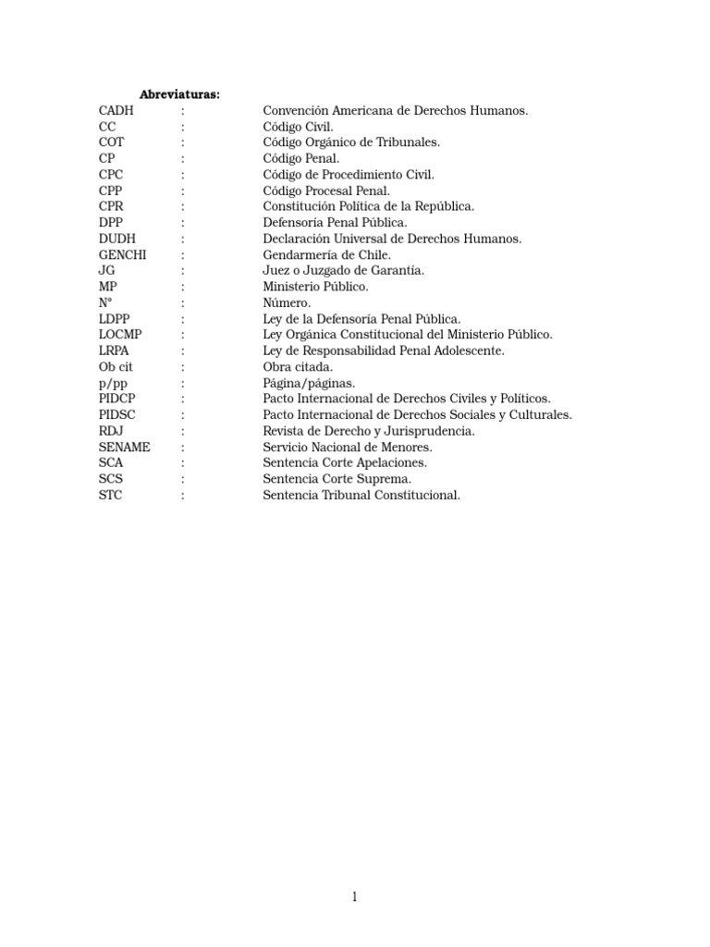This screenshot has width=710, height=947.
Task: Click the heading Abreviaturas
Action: (179, 94)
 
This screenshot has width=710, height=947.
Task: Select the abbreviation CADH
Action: (116, 111)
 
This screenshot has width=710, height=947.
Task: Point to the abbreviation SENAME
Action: (124, 447)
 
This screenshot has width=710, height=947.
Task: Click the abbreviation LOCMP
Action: (120, 335)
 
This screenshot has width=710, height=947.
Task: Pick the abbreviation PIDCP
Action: (117, 399)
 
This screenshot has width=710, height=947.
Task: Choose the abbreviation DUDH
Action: (117, 239)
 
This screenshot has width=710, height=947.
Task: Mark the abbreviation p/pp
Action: (112, 383)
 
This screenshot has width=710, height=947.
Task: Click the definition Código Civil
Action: (298, 127)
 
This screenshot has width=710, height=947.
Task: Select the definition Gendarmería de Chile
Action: (327, 254)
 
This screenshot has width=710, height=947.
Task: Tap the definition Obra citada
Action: (298, 366)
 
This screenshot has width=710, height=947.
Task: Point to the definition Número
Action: (288, 302)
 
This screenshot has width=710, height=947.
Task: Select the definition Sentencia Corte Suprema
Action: (337, 479)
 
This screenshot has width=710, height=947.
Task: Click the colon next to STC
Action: (183, 495)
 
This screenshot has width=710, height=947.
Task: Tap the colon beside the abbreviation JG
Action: (183, 270)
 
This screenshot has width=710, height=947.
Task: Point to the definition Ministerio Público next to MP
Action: (315, 287)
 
